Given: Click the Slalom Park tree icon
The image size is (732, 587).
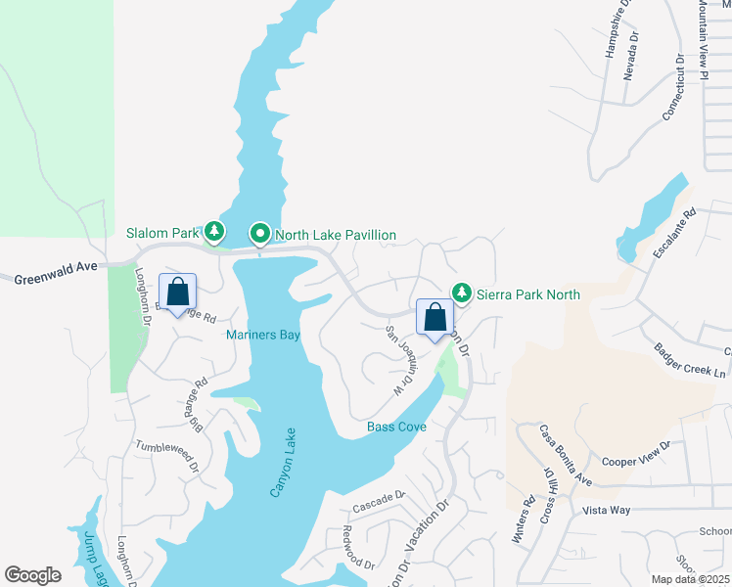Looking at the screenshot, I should [214, 233].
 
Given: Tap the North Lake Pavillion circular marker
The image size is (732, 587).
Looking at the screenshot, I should [260, 234].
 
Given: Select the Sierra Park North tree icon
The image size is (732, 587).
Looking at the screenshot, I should [461, 293].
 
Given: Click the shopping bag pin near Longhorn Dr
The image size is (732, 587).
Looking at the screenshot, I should [177, 293].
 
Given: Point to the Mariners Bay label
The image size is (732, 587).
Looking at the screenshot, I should [262, 335].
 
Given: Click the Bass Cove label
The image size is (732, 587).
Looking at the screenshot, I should [395, 428].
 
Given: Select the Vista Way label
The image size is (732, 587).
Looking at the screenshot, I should [607, 510].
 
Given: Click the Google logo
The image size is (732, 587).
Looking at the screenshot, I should [32, 575].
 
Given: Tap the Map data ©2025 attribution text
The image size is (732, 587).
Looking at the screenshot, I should [690, 579].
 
